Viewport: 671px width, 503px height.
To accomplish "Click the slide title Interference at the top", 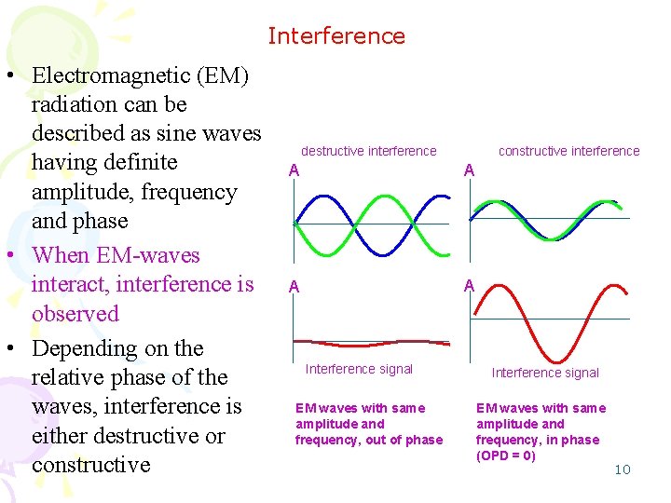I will (x=336, y=36).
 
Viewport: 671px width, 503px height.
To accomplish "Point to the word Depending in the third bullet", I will (x=85, y=348).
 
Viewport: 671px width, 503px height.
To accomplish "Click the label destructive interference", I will (x=368, y=151).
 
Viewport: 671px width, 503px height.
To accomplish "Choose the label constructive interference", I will (x=568, y=151).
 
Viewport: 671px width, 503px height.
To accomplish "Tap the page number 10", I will (x=623, y=469).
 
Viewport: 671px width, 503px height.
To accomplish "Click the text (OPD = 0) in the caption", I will (x=505, y=455).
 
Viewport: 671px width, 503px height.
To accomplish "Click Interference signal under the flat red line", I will (x=359, y=369).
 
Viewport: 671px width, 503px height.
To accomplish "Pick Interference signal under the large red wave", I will (x=545, y=373).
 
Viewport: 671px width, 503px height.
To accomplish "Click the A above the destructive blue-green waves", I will (x=294, y=170).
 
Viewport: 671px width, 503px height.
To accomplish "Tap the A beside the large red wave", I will (x=470, y=286).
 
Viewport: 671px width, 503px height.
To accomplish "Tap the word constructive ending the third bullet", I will (x=91, y=464).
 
